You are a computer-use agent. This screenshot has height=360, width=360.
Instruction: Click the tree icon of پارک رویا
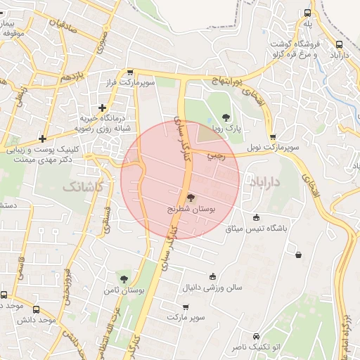(226, 118)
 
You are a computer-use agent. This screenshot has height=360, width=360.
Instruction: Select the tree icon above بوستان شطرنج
(191, 198)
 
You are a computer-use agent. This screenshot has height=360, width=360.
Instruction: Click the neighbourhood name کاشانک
(82, 186)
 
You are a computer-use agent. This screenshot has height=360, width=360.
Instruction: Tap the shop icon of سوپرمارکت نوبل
(272, 137)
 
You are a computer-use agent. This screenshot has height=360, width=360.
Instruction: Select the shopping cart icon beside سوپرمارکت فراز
(130, 72)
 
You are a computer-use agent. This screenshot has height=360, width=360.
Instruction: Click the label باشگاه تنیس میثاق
(256, 229)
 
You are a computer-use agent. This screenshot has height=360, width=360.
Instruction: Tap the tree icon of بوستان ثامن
(124, 279)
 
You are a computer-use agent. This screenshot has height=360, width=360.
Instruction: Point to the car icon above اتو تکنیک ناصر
(255, 336)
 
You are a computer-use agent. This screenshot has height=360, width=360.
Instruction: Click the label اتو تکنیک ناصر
(255, 348)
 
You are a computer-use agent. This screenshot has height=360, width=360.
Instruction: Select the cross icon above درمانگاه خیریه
(103, 108)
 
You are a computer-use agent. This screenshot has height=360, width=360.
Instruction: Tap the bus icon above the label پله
(307, 13)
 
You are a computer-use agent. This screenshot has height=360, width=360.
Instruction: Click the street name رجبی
(216, 156)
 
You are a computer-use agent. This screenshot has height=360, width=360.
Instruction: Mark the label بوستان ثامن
(117, 290)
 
